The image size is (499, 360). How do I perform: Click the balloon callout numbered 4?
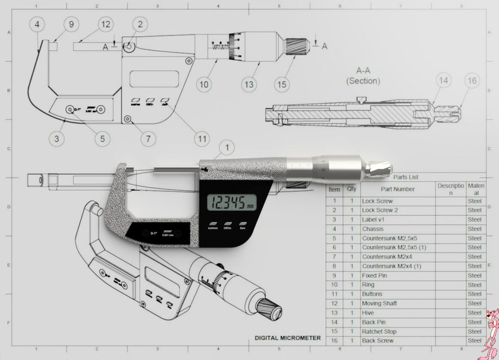coord(37,24)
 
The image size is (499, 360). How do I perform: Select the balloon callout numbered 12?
coord(105,24)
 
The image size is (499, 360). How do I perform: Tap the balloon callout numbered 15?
coord(282,84)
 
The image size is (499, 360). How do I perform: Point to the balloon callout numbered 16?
coord(472,81)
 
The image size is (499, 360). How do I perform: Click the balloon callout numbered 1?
coord(226,147)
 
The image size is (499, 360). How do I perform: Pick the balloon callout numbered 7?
coord(148,137)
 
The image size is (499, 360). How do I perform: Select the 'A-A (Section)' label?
coord(363,76)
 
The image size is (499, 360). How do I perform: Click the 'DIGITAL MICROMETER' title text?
coord(287,338)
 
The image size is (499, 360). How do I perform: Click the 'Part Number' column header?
coord(397,189)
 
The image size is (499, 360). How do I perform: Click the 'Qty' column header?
coord(352,189)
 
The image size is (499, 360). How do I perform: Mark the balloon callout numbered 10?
coord(204,84)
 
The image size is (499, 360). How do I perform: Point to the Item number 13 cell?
coord(334,313)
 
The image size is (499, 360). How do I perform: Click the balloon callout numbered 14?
coord(444,81)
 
